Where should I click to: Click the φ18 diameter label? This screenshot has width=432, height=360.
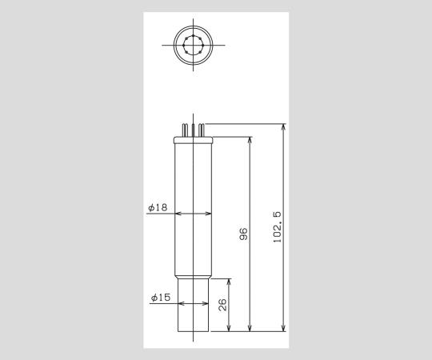pos(158,207)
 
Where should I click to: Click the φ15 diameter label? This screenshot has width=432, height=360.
pos(160,298)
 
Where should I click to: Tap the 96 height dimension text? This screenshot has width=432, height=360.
pos(244,234)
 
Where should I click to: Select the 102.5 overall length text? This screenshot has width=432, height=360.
pos(277,228)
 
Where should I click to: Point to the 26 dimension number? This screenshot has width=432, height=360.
pos(223,305)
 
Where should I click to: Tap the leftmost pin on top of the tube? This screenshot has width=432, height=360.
pos(184,130)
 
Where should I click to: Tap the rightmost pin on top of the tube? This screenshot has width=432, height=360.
pos(201,130)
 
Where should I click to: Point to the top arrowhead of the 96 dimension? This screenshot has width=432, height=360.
pos(251,139)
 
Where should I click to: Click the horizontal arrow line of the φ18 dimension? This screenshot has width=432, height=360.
pos(193,214)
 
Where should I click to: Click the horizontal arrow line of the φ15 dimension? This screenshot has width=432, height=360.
pos(193,304)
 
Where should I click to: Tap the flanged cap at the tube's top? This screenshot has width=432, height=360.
pos(193,140)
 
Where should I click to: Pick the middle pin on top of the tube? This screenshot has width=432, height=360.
pos(193,129)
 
